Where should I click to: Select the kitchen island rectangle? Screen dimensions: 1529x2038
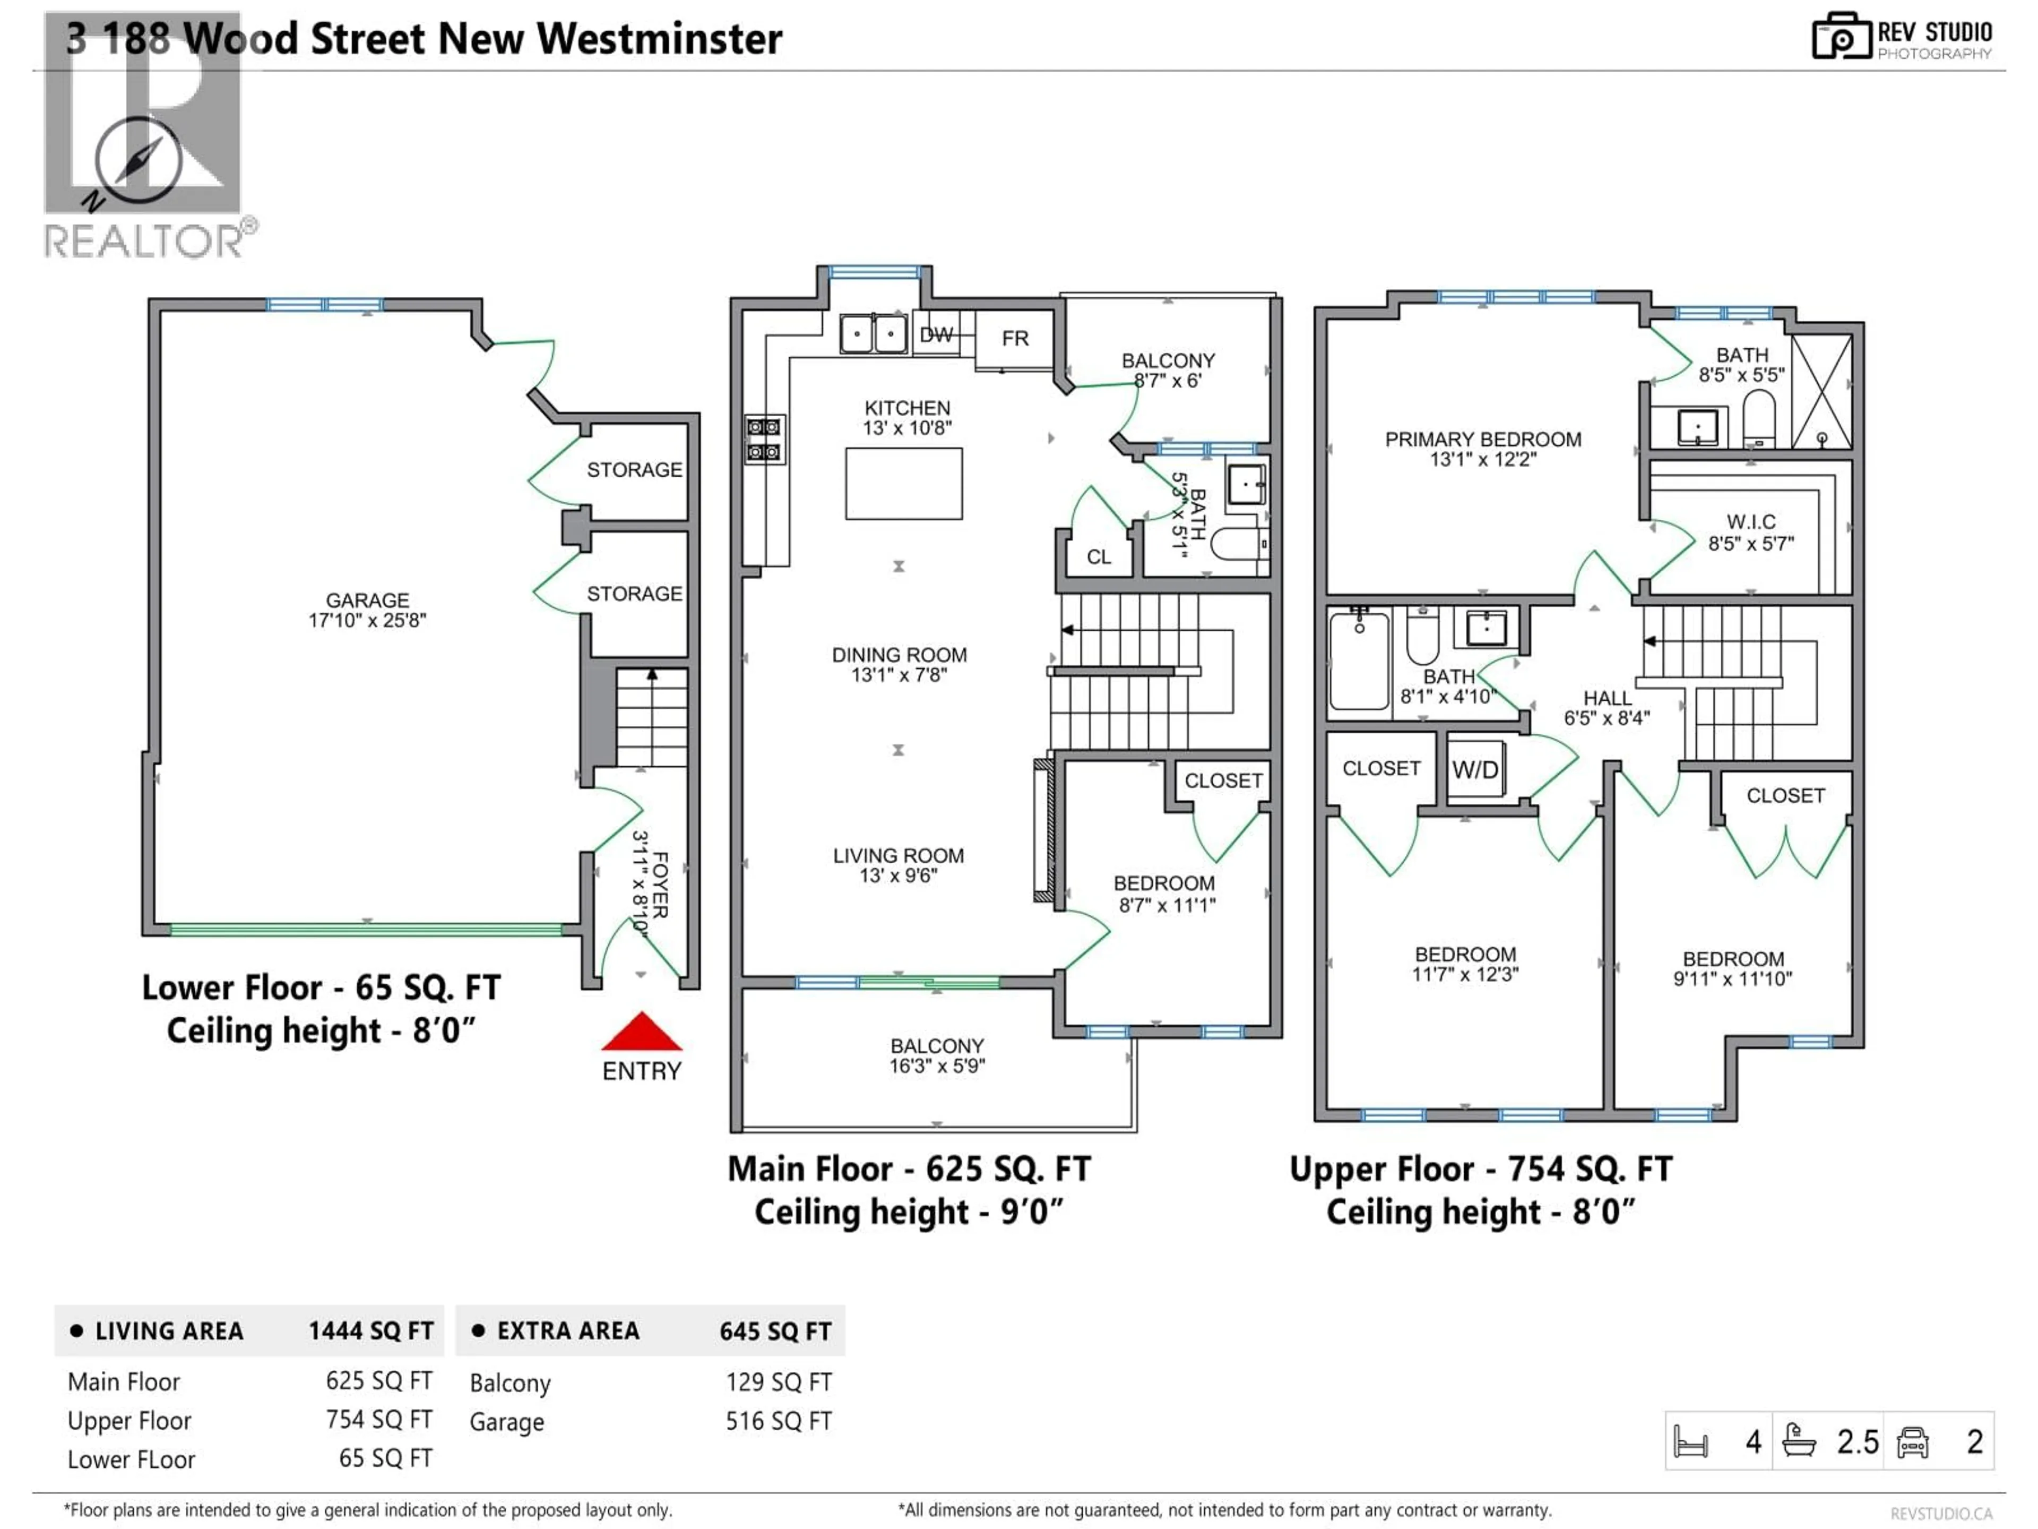[x=904, y=484]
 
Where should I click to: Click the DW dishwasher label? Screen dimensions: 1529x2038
[x=936, y=336]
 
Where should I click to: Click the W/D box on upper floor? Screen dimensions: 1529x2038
[x=1475, y=770]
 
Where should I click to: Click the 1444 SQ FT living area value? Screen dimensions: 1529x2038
[x=370, y=1331]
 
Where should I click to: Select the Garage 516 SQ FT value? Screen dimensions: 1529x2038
[x=779, y=1421]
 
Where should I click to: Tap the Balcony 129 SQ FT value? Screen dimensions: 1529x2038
[x=779, y=1382]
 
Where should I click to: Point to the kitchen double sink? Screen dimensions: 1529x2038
[x=873, y=333]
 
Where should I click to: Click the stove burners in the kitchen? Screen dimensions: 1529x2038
[x=764, y=440]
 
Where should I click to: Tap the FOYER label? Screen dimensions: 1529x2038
[x=651, y=885]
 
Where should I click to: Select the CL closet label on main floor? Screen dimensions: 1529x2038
[x=1098, y=557]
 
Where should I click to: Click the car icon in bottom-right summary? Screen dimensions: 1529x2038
[x=1913, y=1442]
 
